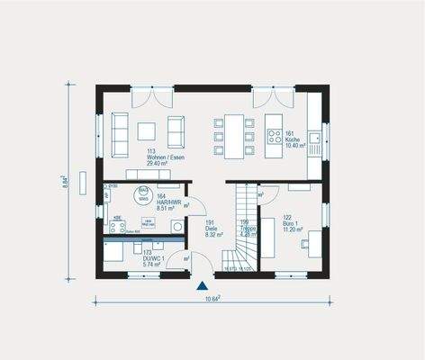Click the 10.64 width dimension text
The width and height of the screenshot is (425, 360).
click(212, 299)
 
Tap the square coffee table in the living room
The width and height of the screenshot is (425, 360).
click(149, 131)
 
